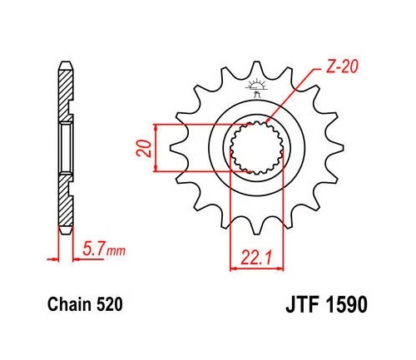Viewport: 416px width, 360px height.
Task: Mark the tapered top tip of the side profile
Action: (63, 64)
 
